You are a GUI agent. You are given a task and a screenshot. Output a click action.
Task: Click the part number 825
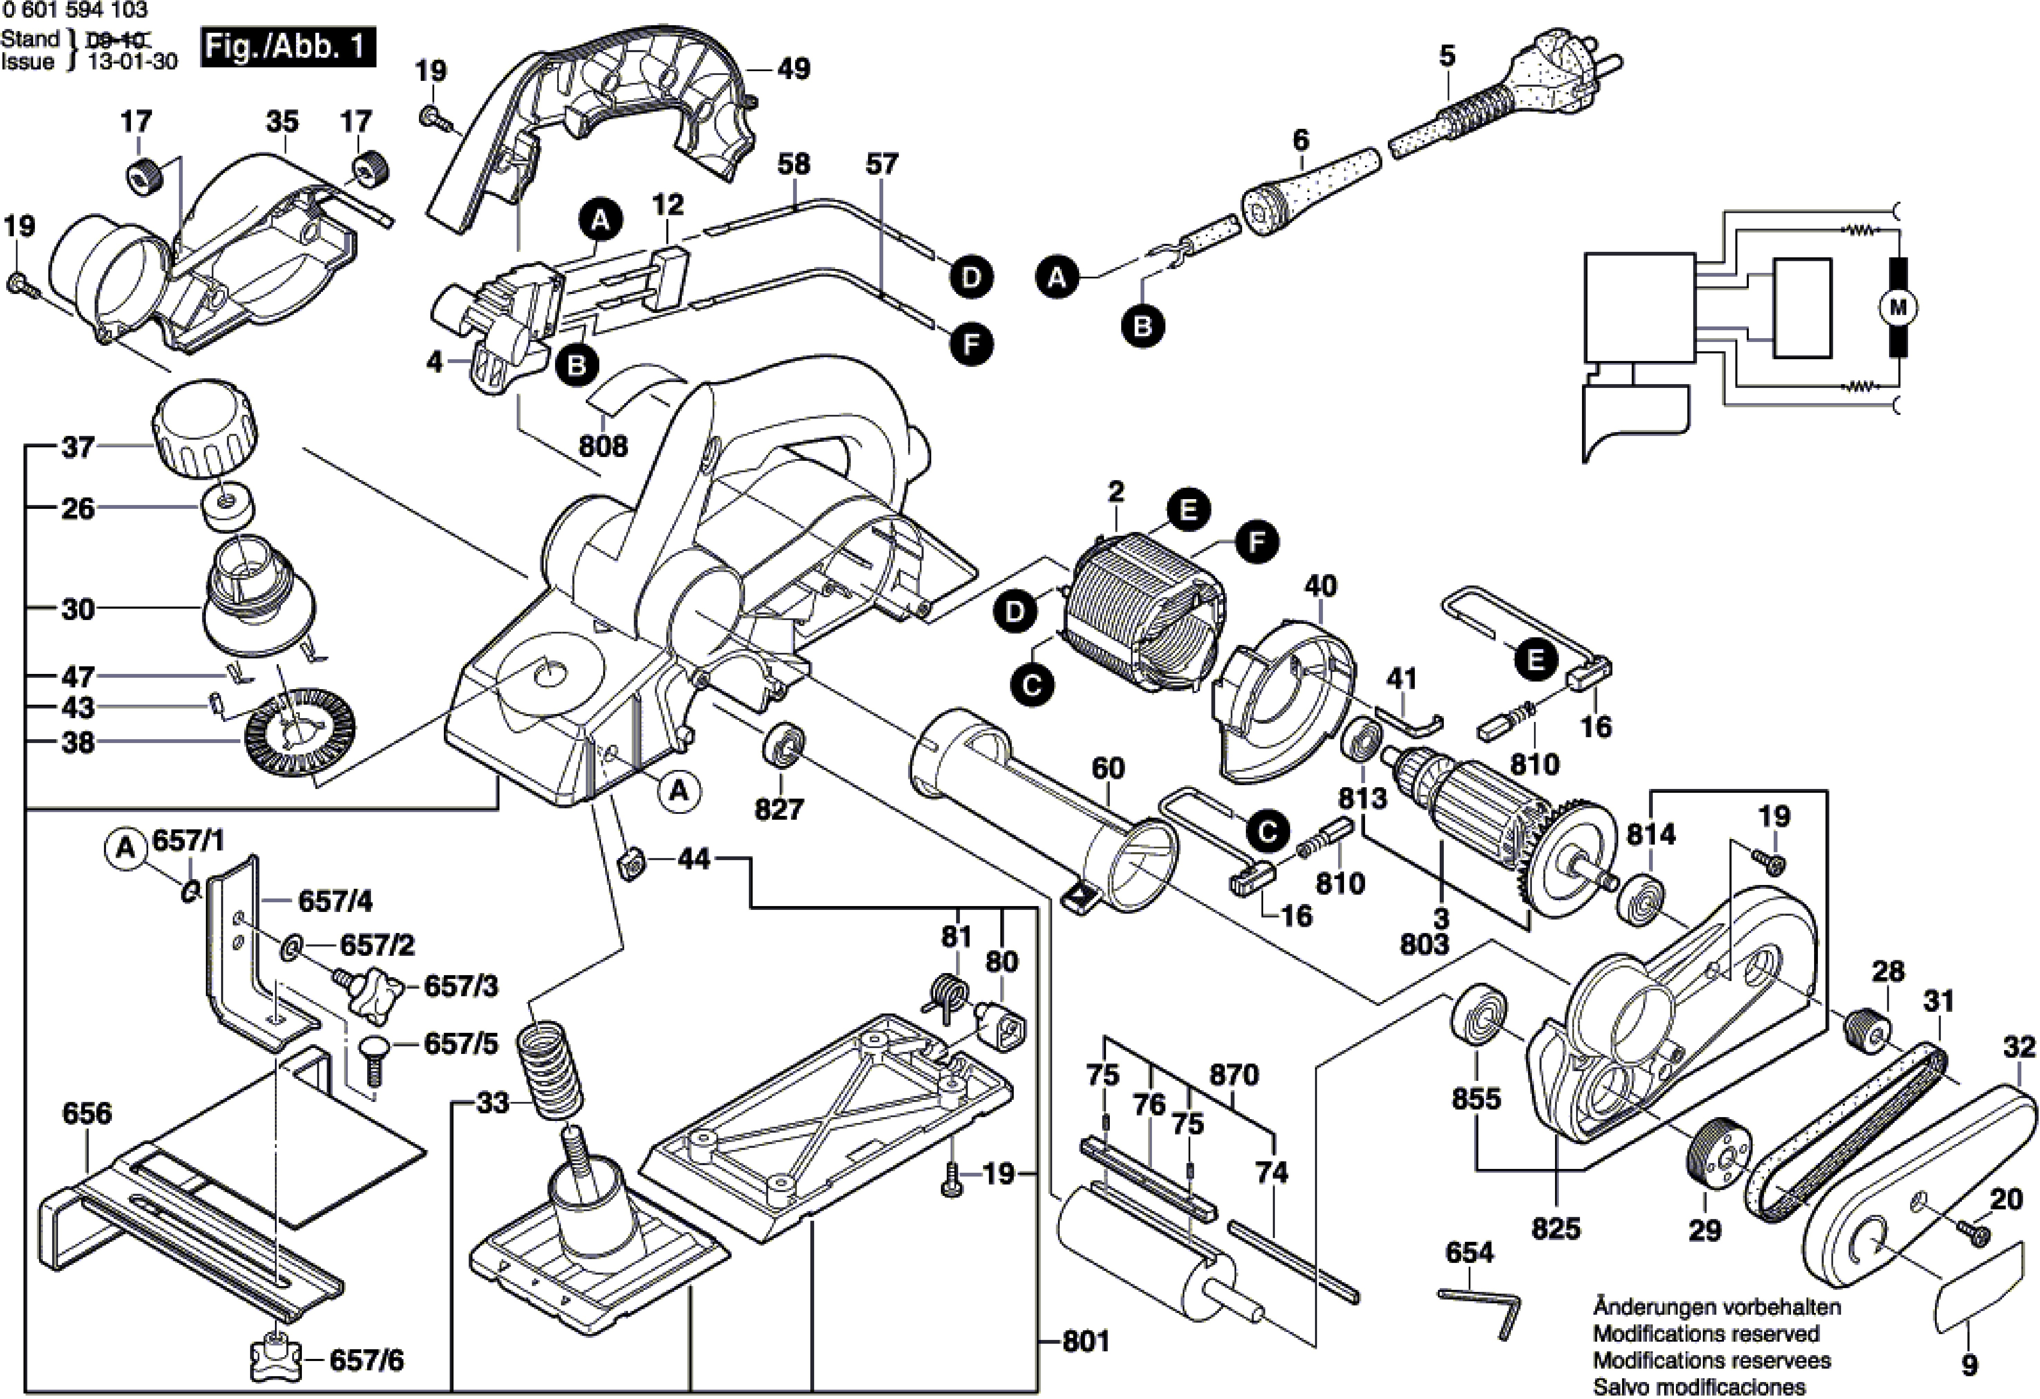pyautogui.click(x=1555, y=1228)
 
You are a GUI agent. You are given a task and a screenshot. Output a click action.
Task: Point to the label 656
pyautogui.click(x=87, y=1113)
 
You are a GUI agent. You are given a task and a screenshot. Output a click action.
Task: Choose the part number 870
pyautogui.click(x=1234, y=1074)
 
